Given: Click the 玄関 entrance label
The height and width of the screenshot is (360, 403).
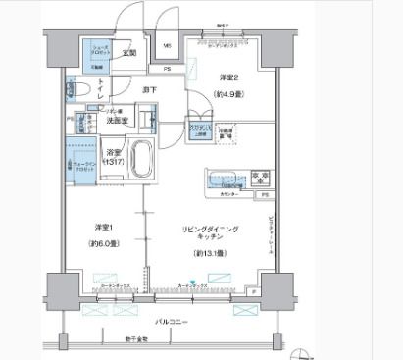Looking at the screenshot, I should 128,53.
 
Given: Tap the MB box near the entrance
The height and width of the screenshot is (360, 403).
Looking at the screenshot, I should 167,46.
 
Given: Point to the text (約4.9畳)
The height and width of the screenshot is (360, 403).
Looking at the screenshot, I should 227,94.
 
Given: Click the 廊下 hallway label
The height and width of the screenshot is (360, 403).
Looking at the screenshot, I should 150,88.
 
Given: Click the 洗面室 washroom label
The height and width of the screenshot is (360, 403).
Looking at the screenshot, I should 120,122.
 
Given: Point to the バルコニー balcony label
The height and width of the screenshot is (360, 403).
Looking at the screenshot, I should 176,321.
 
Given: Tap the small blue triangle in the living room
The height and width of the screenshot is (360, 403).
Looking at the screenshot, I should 194,284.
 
